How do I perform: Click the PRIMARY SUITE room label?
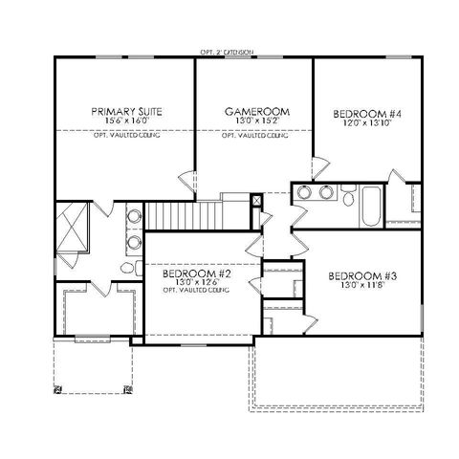pyautogui.click(x=126, y=112)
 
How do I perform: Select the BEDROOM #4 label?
pyautogui.click(x=361, y=112)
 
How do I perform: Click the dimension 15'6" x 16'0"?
pyautogui.click(x=126, y=121)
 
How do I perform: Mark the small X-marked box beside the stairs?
pyautogui.click(x=256, y=202)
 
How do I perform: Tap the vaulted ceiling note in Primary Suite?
pyautogui.click(x=126, y=136)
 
